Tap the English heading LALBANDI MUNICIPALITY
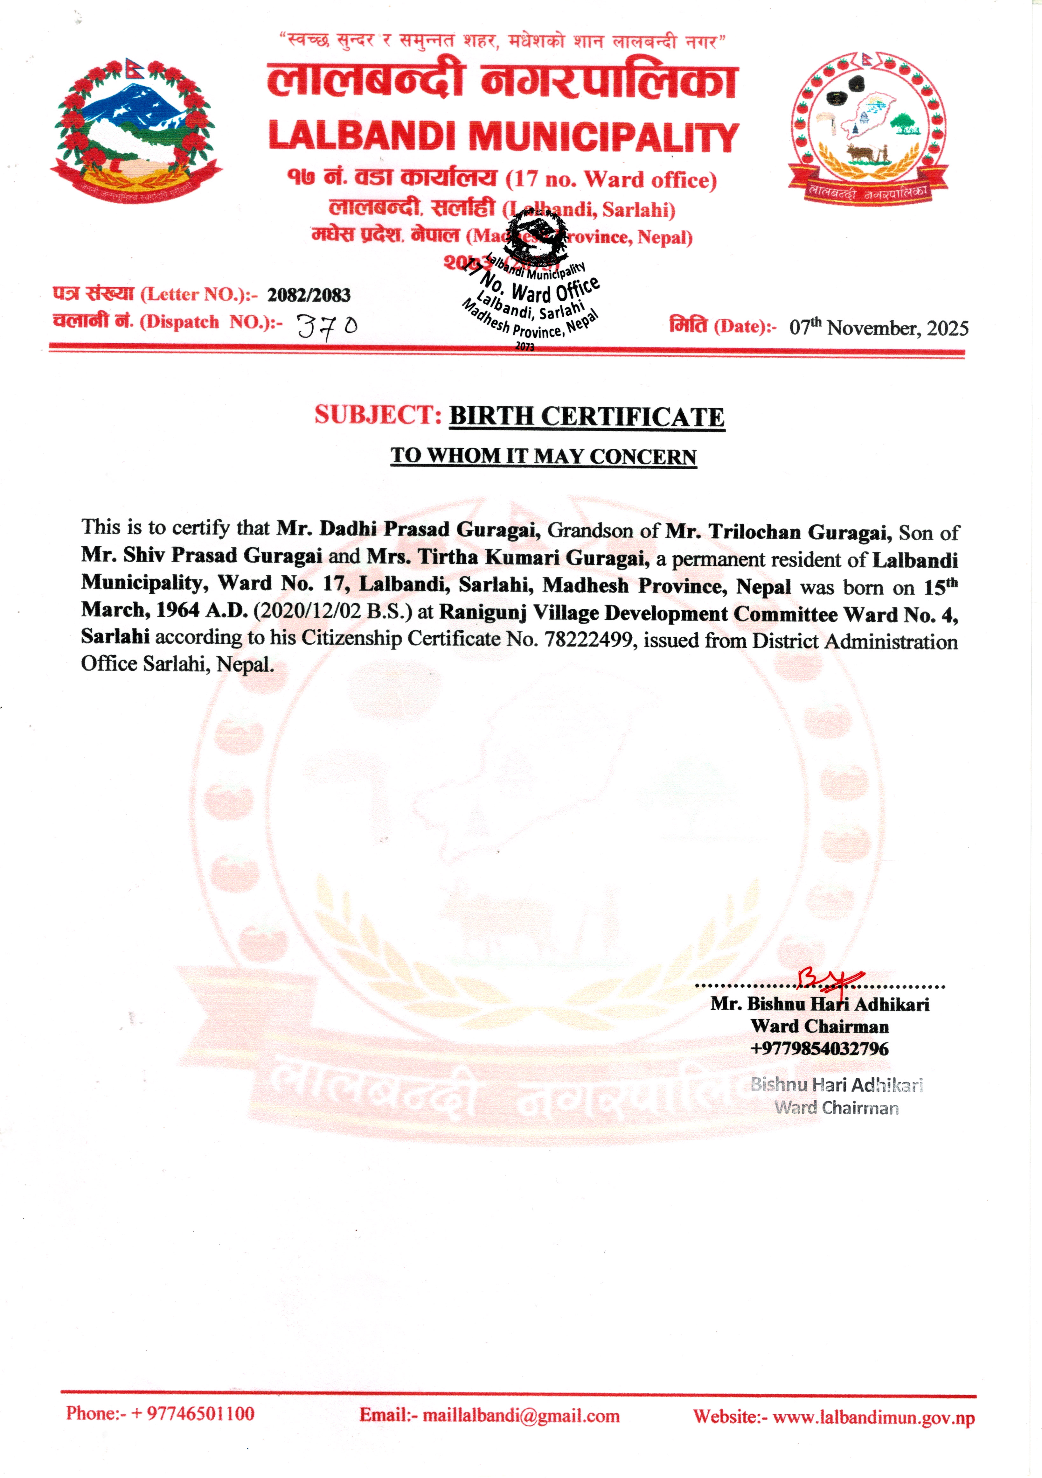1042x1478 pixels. pos(503,137)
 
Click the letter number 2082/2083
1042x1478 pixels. pos(309,296)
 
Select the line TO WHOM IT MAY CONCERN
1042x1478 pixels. pos(543,456)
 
